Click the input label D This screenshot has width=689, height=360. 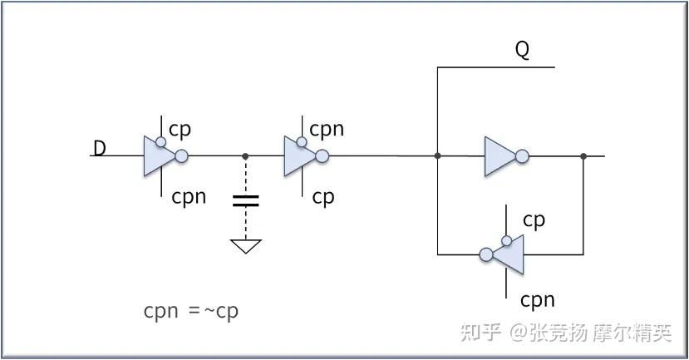tap(100, 148)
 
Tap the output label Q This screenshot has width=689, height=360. tap(522, 51)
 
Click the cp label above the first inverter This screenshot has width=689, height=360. tap(180, 130)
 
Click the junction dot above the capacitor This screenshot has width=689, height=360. tap(245, 156)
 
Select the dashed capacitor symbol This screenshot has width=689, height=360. tap(245, 200)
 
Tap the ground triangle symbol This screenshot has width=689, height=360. tap(245, 246)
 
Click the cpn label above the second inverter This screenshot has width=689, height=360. tap(327, 130)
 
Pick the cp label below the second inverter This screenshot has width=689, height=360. tap(322, 196)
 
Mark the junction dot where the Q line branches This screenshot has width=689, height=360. tap(437, 156)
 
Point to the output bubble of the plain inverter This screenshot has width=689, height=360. tap(521, 156)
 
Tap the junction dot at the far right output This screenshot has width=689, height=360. tap(583, 156)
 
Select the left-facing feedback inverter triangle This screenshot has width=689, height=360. tap(508, 254)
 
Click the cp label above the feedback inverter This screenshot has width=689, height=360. tap(534, 219)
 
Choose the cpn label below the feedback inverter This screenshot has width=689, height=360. tap(537, 299)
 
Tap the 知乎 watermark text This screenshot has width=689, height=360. tap(480, 333)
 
